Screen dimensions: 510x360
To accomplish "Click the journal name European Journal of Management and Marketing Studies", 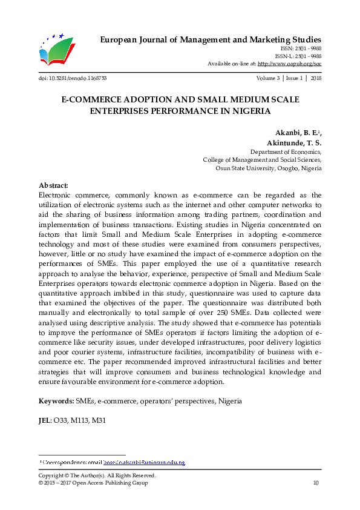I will [x=209, y=39].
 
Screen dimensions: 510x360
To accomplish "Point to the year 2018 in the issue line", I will [x=315, y=79].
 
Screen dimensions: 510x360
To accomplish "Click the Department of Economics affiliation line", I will [x=286, y=152].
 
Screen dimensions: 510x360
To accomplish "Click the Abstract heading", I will [x=53, y=185].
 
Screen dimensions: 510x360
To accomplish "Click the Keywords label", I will [x=56, y=401].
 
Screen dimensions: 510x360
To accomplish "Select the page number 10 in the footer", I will [x=315, y=483].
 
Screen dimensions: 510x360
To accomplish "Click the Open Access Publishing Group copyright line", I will [x=93, y=483].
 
